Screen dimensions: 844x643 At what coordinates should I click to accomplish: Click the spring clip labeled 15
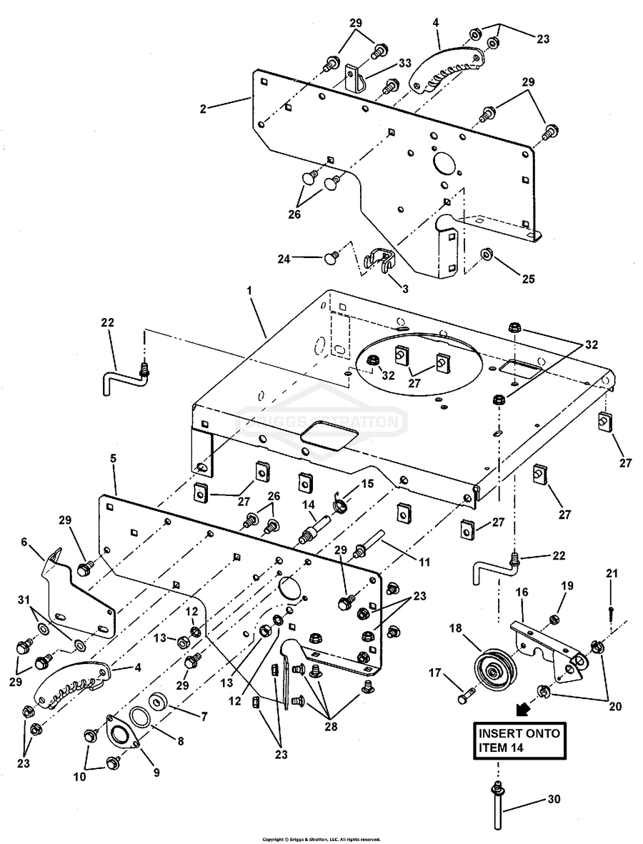(x=342, y=507)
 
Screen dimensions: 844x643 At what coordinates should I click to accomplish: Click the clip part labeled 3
(x=381, y=260)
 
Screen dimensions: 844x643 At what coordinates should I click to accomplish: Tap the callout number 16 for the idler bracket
(x=522, y=593)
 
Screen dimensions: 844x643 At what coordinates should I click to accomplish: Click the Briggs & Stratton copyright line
(x=321, y=839)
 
